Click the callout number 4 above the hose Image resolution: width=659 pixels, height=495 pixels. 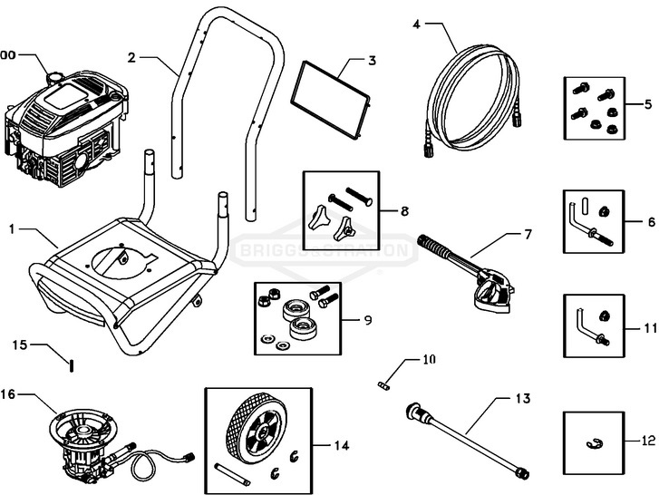pos(416,24)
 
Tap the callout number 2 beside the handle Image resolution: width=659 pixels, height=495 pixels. pos(132,57)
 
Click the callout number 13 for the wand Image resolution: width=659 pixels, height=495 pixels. pos(521,397)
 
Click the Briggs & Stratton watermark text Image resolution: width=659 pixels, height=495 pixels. pos(329,248)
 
